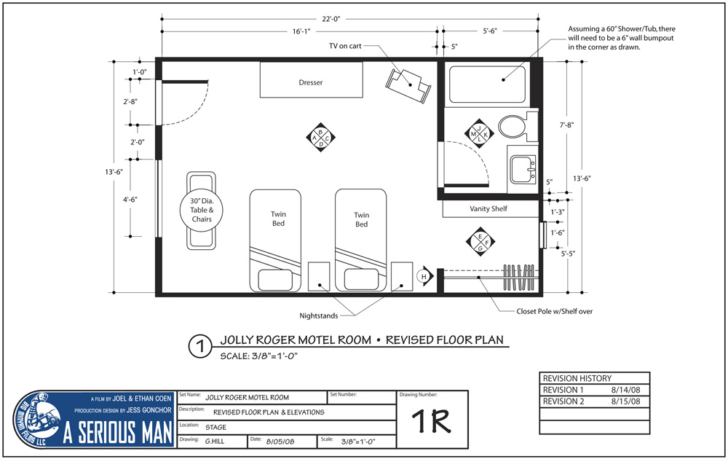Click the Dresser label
311,83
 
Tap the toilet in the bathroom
514,126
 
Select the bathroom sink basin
523,170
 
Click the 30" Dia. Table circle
202,210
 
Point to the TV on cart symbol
408,85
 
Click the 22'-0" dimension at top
331,19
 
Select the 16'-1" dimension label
301,31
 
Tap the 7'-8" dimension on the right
566,125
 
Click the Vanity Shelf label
488,209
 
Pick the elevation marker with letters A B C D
320,138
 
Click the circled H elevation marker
425,276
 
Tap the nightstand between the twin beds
319,276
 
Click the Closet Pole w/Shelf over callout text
554,311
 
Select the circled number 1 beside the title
201,347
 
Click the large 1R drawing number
431,421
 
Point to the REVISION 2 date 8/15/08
625,401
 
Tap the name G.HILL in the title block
215,442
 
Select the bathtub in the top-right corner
488,85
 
